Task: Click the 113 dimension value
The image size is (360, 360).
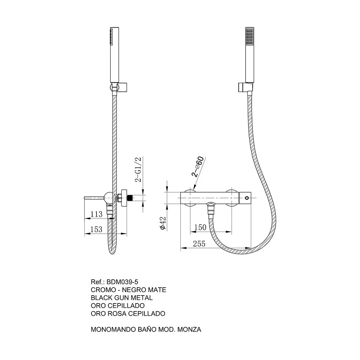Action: [x=96, y=214]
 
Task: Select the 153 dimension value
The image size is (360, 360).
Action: [x=96, y=229]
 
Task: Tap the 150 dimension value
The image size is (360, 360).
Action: [x=200, y=227]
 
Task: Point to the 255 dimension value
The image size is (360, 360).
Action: [x=199, y=244]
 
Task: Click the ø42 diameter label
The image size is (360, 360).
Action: [x=163, y=223]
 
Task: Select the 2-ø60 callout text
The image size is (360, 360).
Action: [x=197, y=166]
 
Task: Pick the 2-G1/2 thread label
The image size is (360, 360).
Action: [x=139, y=170]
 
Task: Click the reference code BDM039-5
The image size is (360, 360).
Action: [x=122, y=282]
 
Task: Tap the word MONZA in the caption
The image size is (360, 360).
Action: [x=189, y=329]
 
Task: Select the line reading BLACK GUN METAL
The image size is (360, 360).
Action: [x=122, y=298]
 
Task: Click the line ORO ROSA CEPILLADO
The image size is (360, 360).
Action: [x=128, y=314]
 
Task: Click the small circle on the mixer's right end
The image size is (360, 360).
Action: [x=247, y=198]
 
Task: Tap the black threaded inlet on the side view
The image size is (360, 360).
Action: [x=130, y=198]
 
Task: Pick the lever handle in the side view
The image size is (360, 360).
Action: [x=95, y=198]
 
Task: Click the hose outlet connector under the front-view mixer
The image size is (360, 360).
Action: [x=210, y=208]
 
